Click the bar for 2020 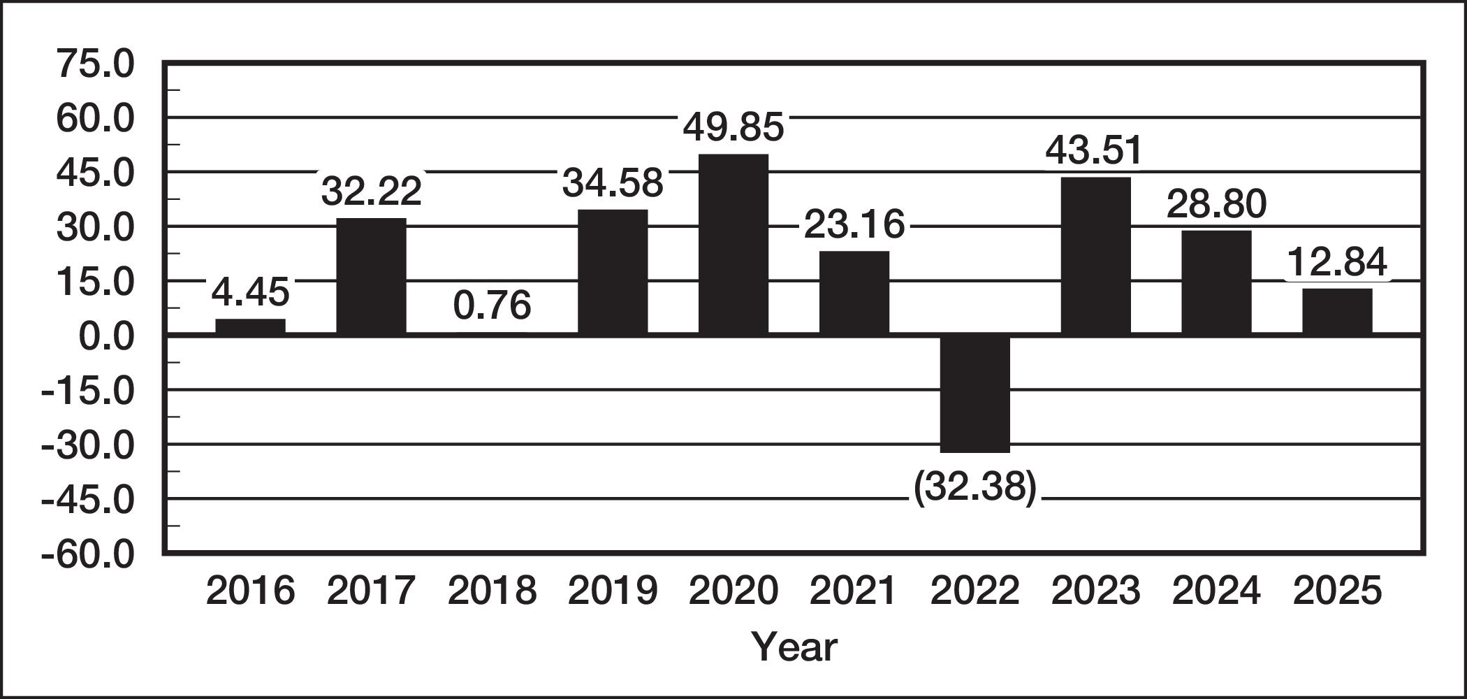click(x=733, y=244)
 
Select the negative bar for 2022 click(x=975, y=395)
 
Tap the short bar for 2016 click(x=250, y=326)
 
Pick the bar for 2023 click(x=1095, y=256)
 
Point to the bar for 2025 click(x=1337, y=311)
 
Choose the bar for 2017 click(x=371, y=276)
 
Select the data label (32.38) click(x=975, y=487)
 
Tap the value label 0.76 click(x=492, y=305)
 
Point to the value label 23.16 click(x=854, y=224)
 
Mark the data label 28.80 click(x=1216, y=204)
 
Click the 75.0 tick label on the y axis click(x=95, y=64)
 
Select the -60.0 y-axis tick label click(x=88, y=556)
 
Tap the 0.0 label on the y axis click(x=106, y=337)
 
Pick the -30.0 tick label click(x=88, y=447)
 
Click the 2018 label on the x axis click(x=492, y=591)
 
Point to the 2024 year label click(x=1216, y=591)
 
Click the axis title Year click(x=794, y=647)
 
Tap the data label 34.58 click(x=613, y=183)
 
